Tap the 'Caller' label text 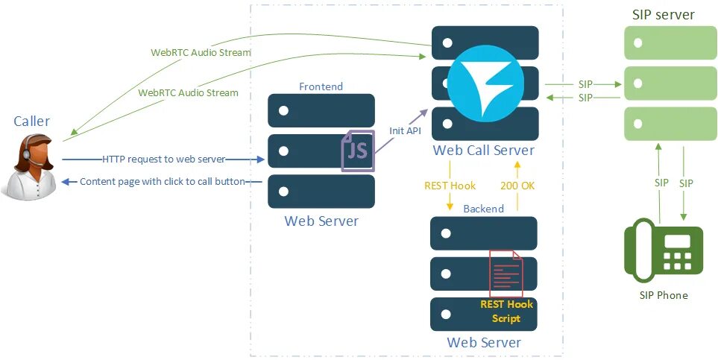[x=32, y=121]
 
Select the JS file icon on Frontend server [x=358, y=150]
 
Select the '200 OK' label [x=518, y=186]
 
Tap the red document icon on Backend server [x=506, y=274]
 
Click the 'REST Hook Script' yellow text [x=506, y=311]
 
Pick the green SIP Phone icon [x=663, y=254]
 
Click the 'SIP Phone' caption [x=664, y=295]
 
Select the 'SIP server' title [x=663, y=15]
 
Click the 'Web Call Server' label [x=483, y=151]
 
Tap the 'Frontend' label [x=321, y=86]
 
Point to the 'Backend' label [x=483, y=209]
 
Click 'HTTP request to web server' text [x=163, y=159]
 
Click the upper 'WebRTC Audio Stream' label [x=201, y=53]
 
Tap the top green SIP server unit [x=663, y=42]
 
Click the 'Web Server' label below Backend [x=483, y=342]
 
